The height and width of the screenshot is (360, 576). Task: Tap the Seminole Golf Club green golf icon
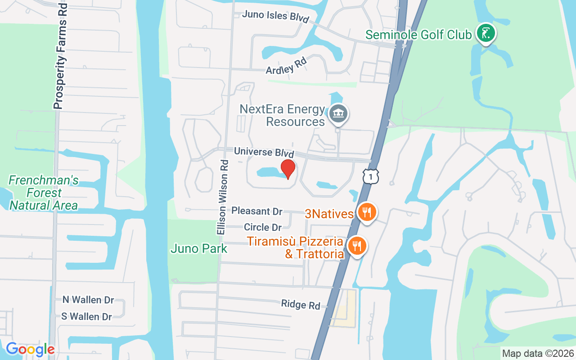[x=486, y=33]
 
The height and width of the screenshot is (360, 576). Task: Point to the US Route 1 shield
[x=370, y=176]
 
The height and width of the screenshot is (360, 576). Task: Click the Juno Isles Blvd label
[x=275, y=16]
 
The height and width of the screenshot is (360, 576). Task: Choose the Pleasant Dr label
[x=256, y=211]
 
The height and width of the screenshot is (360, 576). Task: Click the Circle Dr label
[x=263, y=227]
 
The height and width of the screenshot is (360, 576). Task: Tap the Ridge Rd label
[x=301, y=304]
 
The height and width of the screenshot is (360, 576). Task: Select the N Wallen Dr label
[x=88, y=300]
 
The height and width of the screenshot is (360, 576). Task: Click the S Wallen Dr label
[x=86, y=316]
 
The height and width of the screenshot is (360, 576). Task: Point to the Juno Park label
[x=199, y=248]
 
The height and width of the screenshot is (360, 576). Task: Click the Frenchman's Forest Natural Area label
[x=44, y=193]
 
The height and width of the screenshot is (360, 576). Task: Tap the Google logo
[x=30, y=349]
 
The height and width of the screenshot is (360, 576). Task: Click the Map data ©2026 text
[x=538, y=353]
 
